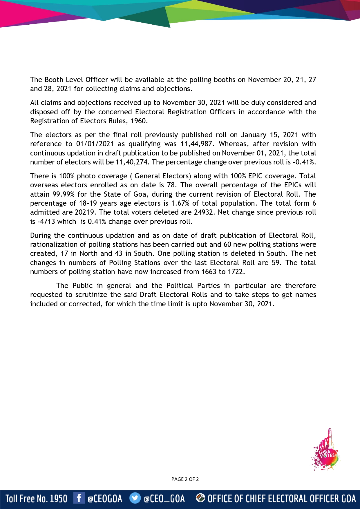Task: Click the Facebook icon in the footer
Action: point(79,498)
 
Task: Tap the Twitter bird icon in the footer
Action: point(135,498)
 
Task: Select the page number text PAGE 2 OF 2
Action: point(185,479)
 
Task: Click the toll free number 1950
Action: point(58,499)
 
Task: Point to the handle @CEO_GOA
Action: point(164,499)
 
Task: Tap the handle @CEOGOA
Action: point(105,499)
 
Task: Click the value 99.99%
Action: point(63,194)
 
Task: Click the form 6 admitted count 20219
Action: point(85,212)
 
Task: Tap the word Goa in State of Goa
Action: point(140,194)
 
